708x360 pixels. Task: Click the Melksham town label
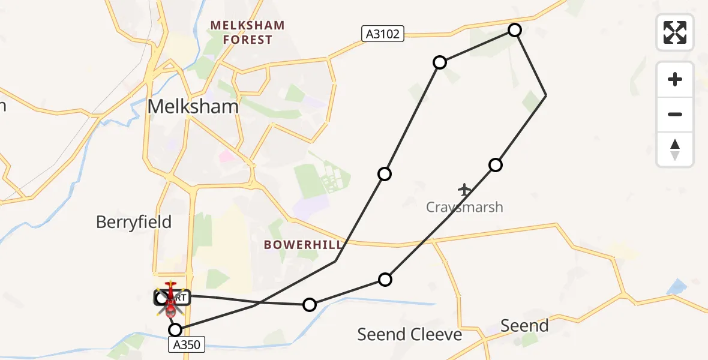point(193,107)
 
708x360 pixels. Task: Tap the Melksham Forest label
point(247,33)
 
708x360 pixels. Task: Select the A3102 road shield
point(383,34)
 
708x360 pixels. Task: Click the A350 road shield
point(186,344)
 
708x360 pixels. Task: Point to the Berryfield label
point(134,222)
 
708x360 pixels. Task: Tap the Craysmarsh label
point(464,208)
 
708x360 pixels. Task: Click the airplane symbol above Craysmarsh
point(464,190)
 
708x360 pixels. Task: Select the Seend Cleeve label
point(410,334)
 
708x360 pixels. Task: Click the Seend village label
point(524,326)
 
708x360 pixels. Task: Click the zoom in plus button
point(675,79)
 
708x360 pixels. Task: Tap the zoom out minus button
point(675,114)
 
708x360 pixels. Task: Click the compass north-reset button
point(675,149)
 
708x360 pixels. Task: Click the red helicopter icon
point(171,298)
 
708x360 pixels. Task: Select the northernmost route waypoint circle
point(515,30)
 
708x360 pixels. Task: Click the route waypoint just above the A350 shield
point(175,329)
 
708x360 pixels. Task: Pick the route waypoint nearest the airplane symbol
point(495,164)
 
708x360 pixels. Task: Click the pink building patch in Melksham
point(227,157)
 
